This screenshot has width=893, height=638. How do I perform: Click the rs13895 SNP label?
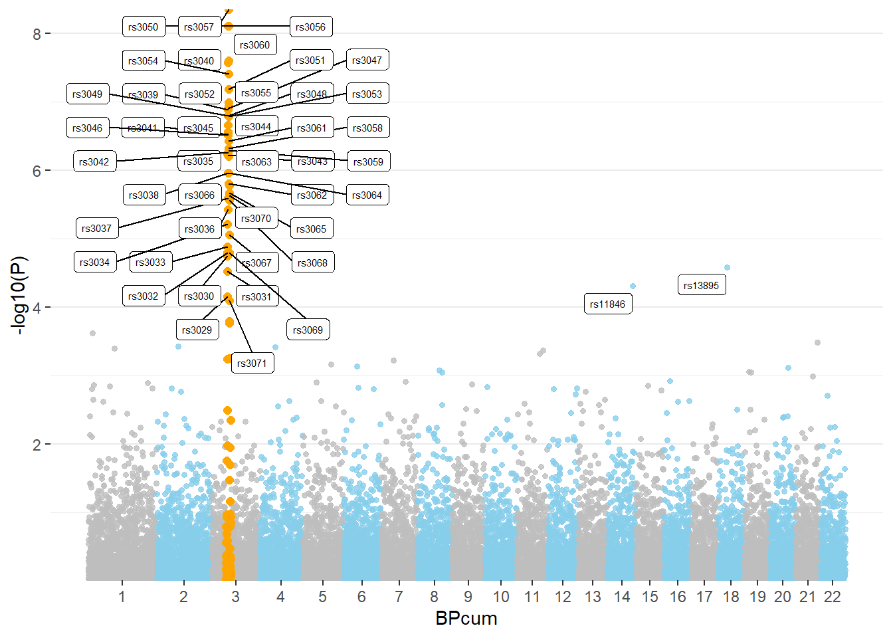coord(701,286)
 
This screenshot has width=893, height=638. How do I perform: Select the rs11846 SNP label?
coord(607,304)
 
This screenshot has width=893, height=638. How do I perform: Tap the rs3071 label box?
coord(252,364)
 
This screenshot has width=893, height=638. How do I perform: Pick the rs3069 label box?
coord(308,330)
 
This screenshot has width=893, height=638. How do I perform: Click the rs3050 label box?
coord(144,27)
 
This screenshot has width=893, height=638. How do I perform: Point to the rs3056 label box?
coord(311,27)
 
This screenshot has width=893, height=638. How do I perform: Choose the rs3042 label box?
coord(94,162)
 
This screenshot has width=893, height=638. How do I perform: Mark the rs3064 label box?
coord(367,195)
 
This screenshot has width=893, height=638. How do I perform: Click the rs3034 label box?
coord(94,263)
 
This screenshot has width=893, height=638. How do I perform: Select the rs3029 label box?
coord(197,330)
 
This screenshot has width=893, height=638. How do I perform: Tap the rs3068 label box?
coord(312,263)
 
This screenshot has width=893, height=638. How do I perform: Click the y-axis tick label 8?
coord(37,34)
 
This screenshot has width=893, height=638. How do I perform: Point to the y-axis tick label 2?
coord(37,445)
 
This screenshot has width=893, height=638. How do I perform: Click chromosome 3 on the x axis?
coord(235,597)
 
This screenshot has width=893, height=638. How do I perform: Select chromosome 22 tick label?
coord(833,597)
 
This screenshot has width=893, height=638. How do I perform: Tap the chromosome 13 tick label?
coord(593,597)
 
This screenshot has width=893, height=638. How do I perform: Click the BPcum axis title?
coord(466,619)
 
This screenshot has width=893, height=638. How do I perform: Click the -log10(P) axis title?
coord(19,295)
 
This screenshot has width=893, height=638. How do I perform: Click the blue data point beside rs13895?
coord(727,268)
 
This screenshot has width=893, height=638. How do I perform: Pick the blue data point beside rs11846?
coord(633,286)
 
